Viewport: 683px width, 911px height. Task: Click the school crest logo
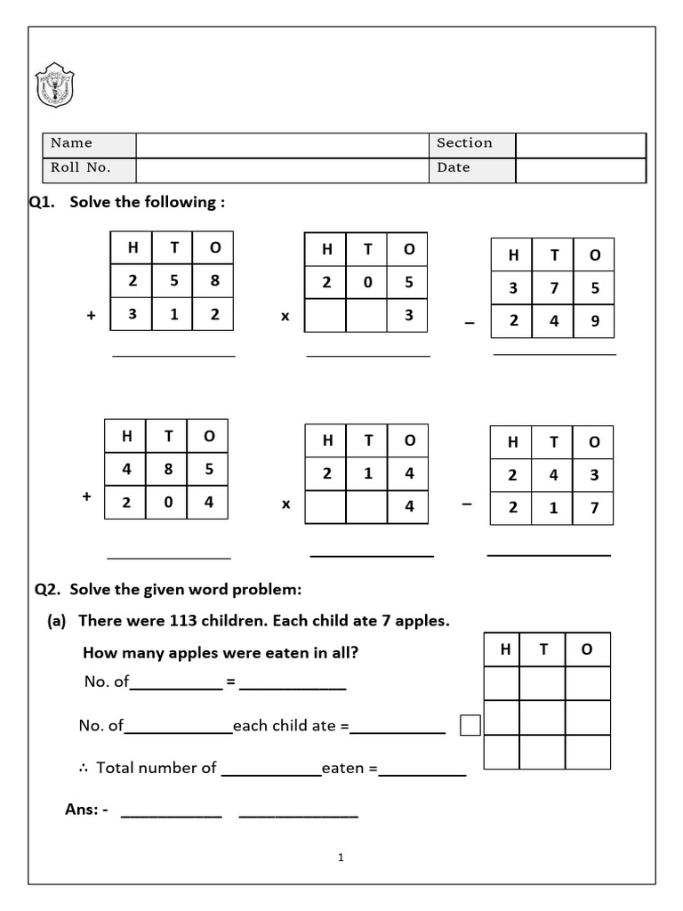(x=54, y=85)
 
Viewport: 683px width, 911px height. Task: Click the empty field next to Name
(x=282, y=144)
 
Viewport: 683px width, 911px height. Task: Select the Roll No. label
(x=80, y=168)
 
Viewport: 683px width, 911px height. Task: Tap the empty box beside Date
(x=580, y=169)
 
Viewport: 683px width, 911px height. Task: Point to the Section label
(x=464, y=143)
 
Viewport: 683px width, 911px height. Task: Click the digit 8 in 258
(x=214, y=281)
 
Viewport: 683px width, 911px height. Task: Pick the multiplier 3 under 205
(x=408, y=314)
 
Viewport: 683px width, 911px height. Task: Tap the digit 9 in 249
(x=594, y=321)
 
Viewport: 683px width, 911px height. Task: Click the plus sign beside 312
(x=91, y=315)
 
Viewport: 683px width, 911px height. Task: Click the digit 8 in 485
(x=168, y=469)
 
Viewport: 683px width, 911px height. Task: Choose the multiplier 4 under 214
(x=409, y=506)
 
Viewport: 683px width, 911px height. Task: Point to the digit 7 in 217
(x=594, y=508)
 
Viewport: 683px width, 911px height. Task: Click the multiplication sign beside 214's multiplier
(x=286, y=504)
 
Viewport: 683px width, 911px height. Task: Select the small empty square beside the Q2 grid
(x=470, y=726)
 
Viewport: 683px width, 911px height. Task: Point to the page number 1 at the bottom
(x=341, y=858)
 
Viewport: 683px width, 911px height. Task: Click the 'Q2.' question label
(x=48, y=589)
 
